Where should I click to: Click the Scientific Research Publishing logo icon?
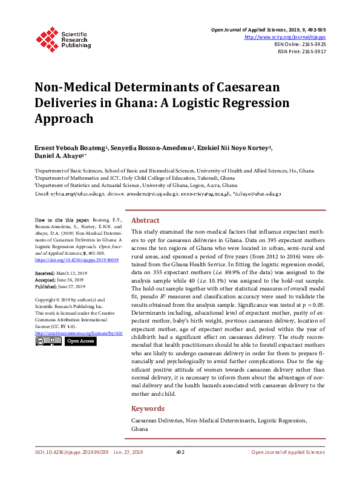(46, 38)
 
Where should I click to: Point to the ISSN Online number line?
(301, 44)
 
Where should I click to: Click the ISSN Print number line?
(301, 51)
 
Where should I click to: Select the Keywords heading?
(148, 409)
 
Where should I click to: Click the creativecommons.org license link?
(79, 333)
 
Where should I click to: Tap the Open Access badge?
(80, 341)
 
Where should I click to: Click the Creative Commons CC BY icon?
(48, 341)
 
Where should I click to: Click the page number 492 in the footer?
(180, 452)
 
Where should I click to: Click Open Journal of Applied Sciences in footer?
(288, 452)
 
